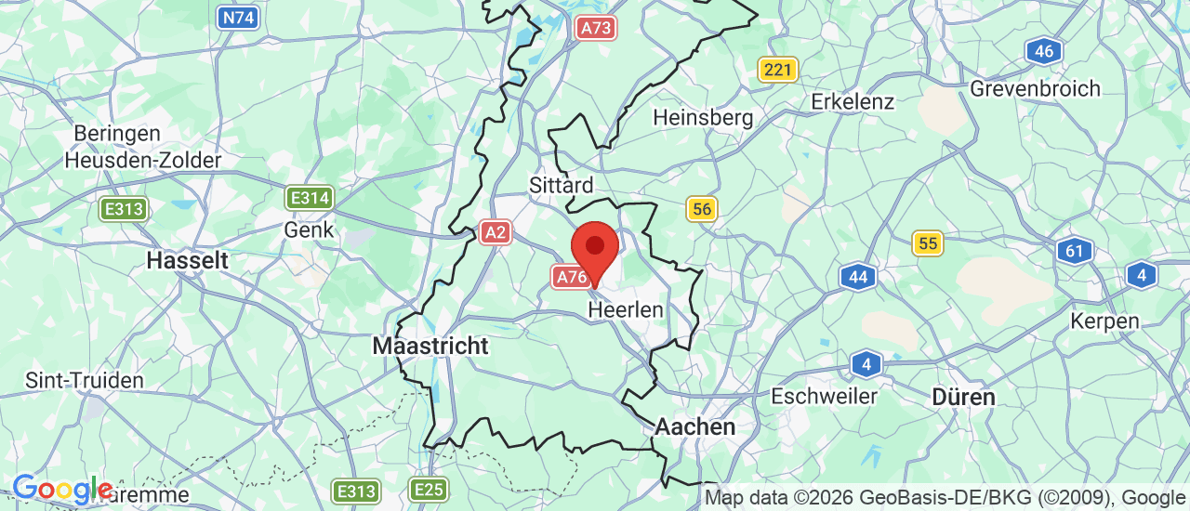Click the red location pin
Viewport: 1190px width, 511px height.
coord(594,247)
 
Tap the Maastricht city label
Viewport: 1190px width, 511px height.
coord(430,346)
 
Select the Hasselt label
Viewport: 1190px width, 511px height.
coord(187,260)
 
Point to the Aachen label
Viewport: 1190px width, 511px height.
coord(695,426)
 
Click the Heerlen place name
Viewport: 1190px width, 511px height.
coord(626,309)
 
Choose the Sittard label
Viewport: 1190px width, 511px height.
coord(561,185)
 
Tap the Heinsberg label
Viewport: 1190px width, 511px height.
coord(703,118)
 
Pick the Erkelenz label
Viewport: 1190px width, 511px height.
coord(853,100)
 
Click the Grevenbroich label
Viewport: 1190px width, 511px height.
coord(1035,88)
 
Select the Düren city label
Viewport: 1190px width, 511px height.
coord(964,397)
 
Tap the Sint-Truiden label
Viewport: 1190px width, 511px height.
coord(85,380)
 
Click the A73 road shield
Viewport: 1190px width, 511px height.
coord(595,28)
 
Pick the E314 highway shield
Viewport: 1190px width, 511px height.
coord(310,197)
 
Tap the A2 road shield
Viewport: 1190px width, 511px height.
coord(496,232)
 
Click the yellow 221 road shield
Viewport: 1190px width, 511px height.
coord(777,69)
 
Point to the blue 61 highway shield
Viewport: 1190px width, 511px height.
coord(1074,250)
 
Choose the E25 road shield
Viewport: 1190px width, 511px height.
coord(429,490)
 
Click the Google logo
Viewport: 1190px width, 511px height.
coord(62,489)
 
